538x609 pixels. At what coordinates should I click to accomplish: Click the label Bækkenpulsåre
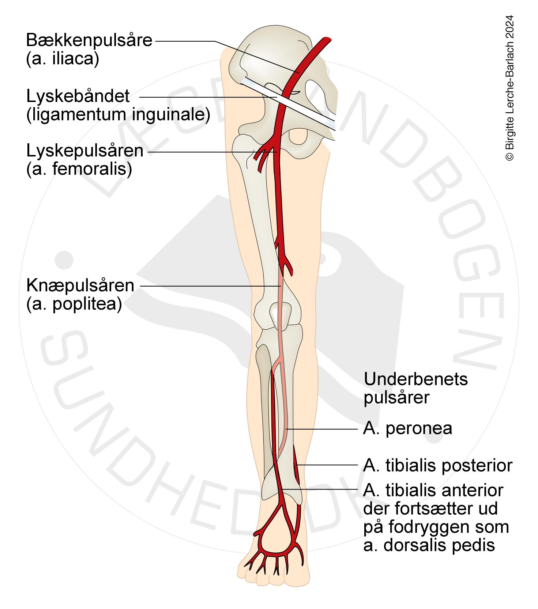click(x=89, y=40)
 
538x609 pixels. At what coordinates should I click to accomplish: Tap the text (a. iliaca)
click(x=63, y=59)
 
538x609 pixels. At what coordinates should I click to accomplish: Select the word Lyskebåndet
click(x=78, y=97)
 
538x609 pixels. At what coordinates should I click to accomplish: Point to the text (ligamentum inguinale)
click(x=118, y=115)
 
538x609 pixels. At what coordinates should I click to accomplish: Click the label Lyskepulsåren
click(x=84, y=151)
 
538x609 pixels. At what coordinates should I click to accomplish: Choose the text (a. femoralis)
click(x=79, y=169)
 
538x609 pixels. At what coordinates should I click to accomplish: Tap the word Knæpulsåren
click(x=80, y=285)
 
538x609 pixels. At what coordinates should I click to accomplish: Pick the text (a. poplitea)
click(x=74, y=304)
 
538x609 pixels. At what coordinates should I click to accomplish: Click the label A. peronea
click(x=407, y=428)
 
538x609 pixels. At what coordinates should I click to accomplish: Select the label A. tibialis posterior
click(x=438, y=466)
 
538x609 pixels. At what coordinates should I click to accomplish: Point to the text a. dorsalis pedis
click(x=429, y=545)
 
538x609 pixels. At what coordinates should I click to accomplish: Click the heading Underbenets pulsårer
click(x=415, y=388)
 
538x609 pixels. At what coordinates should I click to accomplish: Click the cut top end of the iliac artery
click(x=326, y=39)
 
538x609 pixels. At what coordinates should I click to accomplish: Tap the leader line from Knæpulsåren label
click(x=208, y=285)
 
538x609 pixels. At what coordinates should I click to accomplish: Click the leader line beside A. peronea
click(x=322, y=428)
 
